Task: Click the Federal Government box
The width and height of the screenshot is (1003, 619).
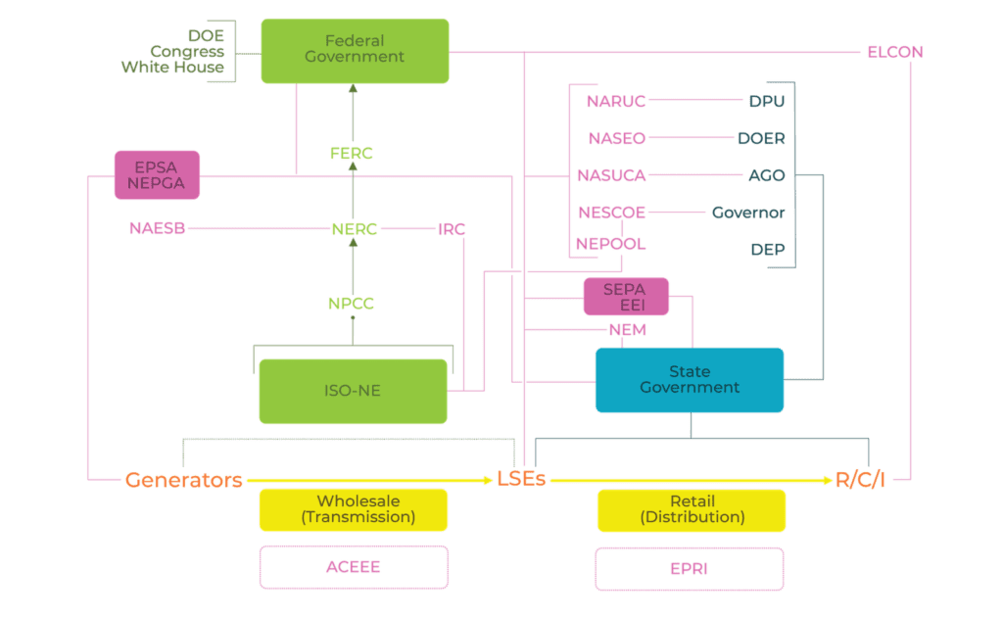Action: pos(355,50)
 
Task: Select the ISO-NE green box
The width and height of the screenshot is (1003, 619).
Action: pos(354,391)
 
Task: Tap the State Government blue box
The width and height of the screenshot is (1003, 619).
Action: pos(690,380)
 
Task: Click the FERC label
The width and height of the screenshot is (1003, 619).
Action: pos(352,154)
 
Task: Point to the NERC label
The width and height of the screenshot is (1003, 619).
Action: pos(354,229)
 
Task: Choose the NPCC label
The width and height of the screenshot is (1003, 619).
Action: pos(351,304)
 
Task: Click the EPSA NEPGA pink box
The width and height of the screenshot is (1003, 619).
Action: pos(157,174)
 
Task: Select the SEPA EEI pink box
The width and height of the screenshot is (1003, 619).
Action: pos(626,297)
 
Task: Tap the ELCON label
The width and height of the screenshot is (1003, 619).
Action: pos(894,51)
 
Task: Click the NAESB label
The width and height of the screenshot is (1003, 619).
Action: pos(157,228)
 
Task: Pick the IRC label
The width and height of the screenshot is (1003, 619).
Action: pos(451,229)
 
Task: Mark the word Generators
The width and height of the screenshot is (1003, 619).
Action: pos(184,480)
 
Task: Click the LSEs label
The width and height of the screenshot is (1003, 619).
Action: pos(520,480)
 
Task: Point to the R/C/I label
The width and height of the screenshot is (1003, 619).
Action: pos(860,480)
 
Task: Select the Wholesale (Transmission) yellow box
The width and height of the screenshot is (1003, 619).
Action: pos(353,508)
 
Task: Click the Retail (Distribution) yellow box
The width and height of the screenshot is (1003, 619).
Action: pos(691,508)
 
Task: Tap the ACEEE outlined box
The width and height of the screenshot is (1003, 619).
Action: pos(353,567)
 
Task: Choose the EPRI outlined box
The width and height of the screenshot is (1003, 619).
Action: pos(690,567)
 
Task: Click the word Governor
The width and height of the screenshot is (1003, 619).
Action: pos(748,212)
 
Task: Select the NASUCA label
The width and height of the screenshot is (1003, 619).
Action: pos(611,175)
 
